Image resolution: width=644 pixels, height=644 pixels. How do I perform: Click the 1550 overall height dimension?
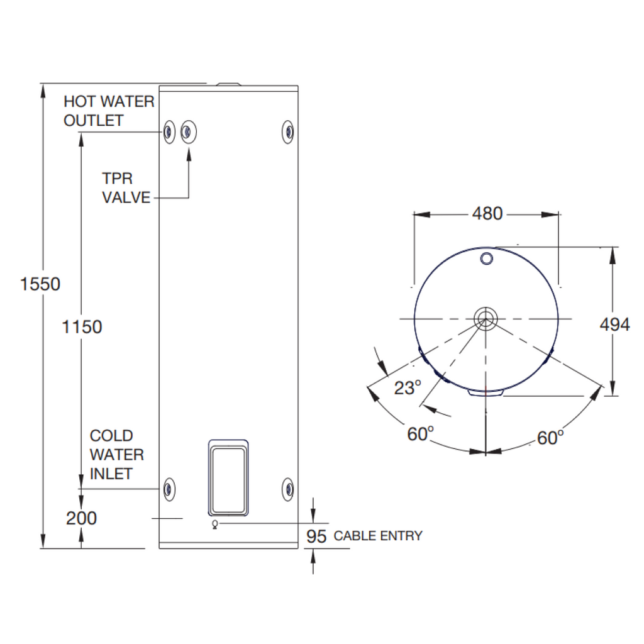40,284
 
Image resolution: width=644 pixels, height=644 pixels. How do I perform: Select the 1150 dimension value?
82,327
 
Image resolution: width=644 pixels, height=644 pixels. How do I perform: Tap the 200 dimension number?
82,518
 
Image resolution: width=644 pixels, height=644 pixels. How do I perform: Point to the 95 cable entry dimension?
316,536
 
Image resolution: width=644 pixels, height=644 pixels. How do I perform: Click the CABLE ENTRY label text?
378,536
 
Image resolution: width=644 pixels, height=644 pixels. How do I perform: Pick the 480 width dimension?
487,214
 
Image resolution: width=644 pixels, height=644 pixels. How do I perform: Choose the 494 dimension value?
614,325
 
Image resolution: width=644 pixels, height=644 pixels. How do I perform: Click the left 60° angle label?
421,433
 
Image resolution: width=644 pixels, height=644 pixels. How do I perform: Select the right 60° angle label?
550,437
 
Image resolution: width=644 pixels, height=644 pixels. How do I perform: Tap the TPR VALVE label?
126,189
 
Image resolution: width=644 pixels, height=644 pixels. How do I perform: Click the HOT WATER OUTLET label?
109,111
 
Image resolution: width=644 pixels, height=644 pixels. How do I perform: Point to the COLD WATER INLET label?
116,454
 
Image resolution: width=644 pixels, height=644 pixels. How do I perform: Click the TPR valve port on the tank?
187,131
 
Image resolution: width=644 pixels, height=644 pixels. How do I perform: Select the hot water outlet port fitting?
168,132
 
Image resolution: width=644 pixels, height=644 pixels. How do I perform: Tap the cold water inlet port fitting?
168,488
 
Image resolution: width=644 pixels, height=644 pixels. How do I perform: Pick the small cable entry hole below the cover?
216,524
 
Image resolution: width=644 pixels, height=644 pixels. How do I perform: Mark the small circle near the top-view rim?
487,258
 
